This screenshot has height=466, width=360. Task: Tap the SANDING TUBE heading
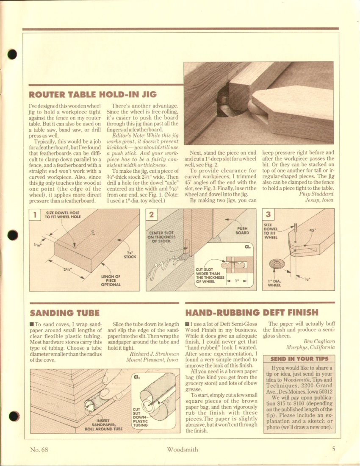(65, 313)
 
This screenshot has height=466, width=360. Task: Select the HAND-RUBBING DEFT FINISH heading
(252, 313)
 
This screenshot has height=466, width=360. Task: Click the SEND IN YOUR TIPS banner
(299, 358)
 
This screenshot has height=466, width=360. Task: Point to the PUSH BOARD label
(242, 230)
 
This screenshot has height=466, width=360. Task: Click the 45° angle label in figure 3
(313, 231)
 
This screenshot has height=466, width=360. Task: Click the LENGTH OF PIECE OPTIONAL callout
(111, 280)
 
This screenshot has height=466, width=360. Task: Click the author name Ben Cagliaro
(319, 341)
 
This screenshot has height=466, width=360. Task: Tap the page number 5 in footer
(333, 449)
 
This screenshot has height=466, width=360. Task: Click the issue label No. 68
(39, 449)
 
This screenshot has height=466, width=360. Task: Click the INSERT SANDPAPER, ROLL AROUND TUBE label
(104, 424)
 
